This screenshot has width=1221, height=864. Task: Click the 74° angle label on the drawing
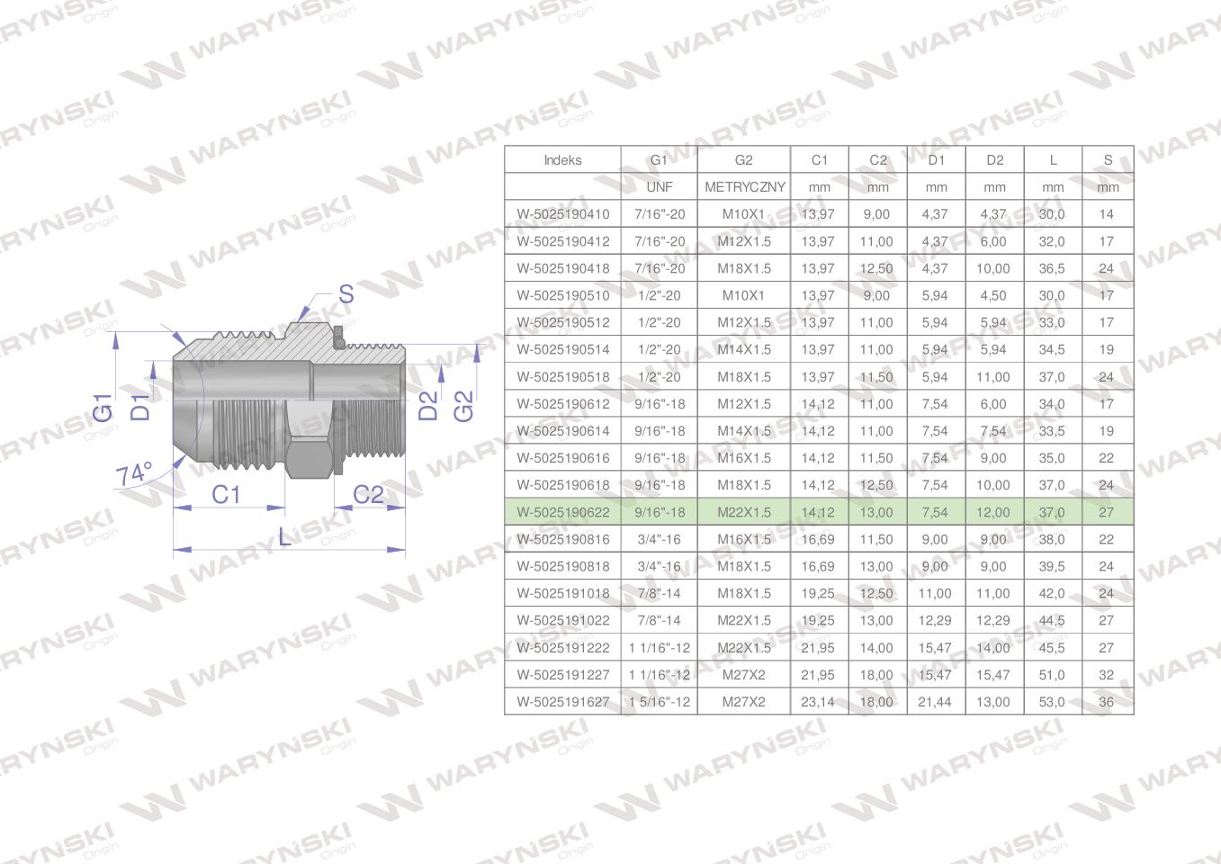pos(133,473)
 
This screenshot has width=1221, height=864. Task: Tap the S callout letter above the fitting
pos(346,294)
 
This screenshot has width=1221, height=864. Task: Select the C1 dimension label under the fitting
pos(226,495)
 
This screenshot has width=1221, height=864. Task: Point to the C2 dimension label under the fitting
pos(369,495)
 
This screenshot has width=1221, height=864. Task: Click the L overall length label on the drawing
pos(284,537)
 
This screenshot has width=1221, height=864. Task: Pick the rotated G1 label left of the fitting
pos(103,408)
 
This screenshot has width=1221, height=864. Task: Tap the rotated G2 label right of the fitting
pos(464,406)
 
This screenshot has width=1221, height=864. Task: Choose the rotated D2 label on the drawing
pos(428,406)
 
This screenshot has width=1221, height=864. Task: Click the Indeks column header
pos(562,160)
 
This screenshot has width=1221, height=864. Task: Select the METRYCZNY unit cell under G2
pos(745,187)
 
